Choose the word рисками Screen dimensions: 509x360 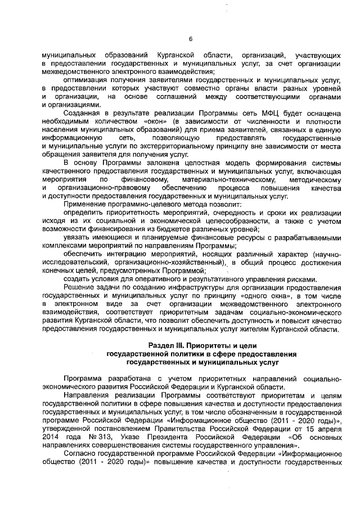pyautogui.click(x=307, y=280)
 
